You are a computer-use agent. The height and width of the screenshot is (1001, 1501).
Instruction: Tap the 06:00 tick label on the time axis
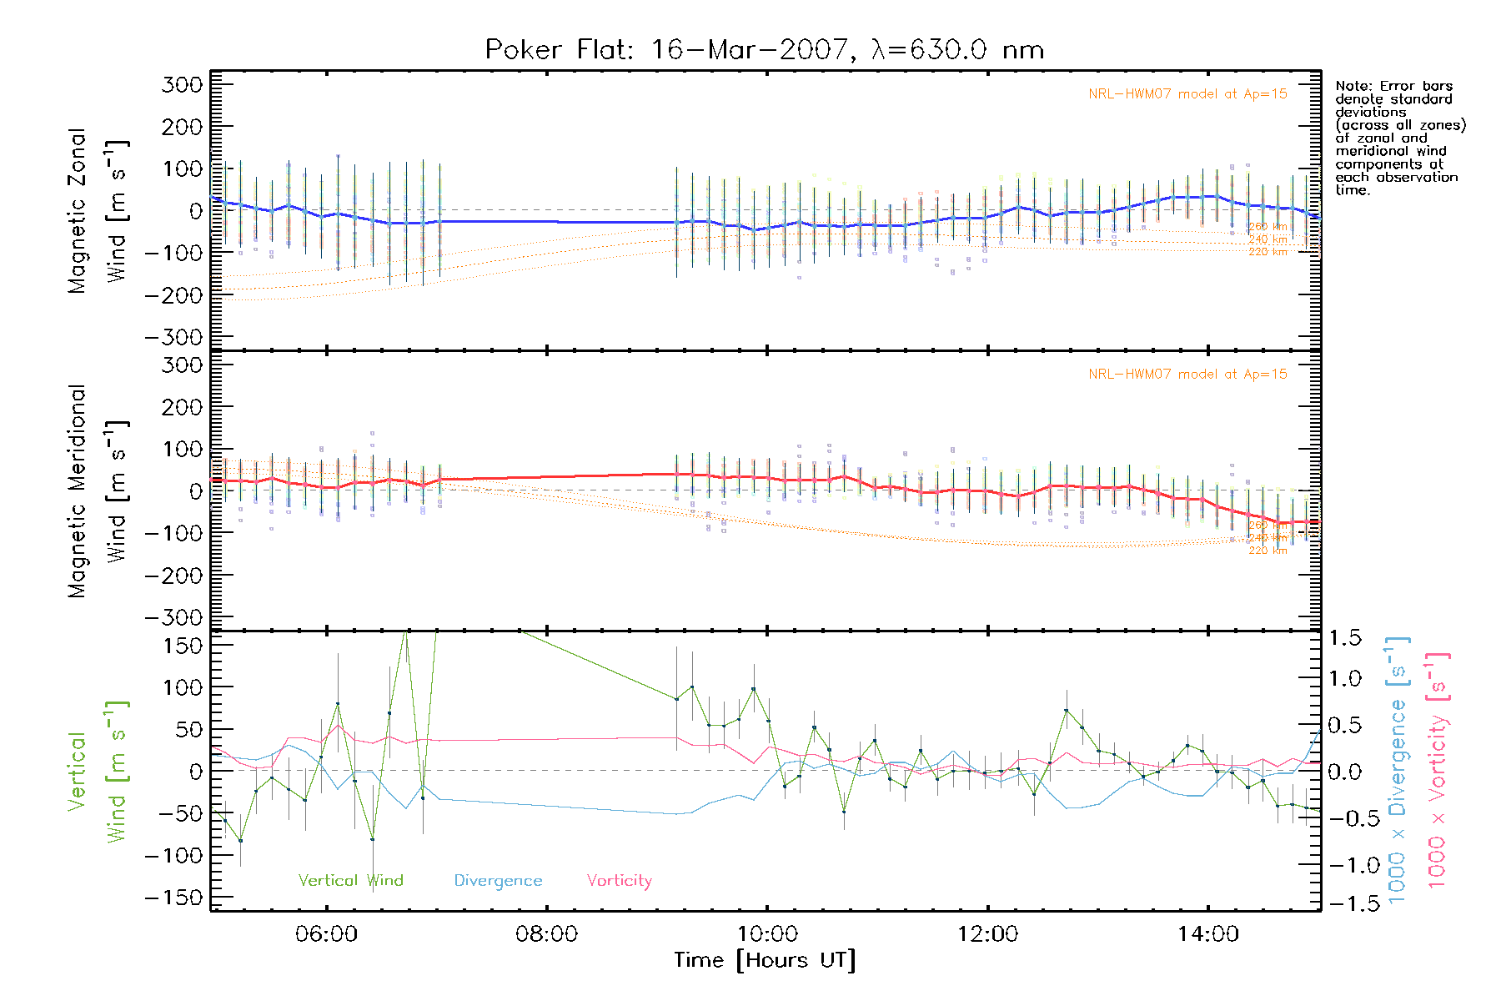click(326, 934)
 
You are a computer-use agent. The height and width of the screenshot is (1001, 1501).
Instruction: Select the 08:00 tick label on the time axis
click(546, 934)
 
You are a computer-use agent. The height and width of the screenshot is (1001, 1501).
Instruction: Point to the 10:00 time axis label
click(767, 934)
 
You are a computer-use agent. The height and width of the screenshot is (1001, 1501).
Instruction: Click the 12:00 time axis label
click(987, 934)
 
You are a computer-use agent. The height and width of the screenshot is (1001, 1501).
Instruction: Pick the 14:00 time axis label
click(1207, 934)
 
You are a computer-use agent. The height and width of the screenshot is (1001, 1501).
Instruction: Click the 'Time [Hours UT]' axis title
click(765, 960)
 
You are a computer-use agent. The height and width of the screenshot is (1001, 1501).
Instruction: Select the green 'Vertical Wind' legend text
click(350, 880)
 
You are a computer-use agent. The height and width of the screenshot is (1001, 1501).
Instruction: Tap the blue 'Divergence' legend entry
click(498, 881)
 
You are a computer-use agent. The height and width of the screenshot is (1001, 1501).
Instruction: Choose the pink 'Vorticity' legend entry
click(619, 881)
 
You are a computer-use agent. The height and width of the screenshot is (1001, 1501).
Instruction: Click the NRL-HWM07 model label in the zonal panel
click(1187, 94)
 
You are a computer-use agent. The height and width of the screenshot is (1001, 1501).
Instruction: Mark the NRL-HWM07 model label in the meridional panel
click(1187, 375)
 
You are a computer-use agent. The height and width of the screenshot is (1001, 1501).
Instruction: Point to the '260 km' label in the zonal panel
click(1268, 226)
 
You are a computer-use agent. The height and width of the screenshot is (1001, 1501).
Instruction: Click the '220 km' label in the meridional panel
click(1268, 551)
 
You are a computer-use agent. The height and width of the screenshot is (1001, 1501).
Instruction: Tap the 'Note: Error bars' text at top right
click(1393, 86)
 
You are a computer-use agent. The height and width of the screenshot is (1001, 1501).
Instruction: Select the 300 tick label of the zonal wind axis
click(182, 84)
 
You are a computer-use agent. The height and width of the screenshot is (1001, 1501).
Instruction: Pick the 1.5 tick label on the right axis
click(1345, 638)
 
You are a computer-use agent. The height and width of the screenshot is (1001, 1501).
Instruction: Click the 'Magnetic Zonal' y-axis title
click(77, 211)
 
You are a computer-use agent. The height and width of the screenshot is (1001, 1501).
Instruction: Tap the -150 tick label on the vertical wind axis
click(173, 898)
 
